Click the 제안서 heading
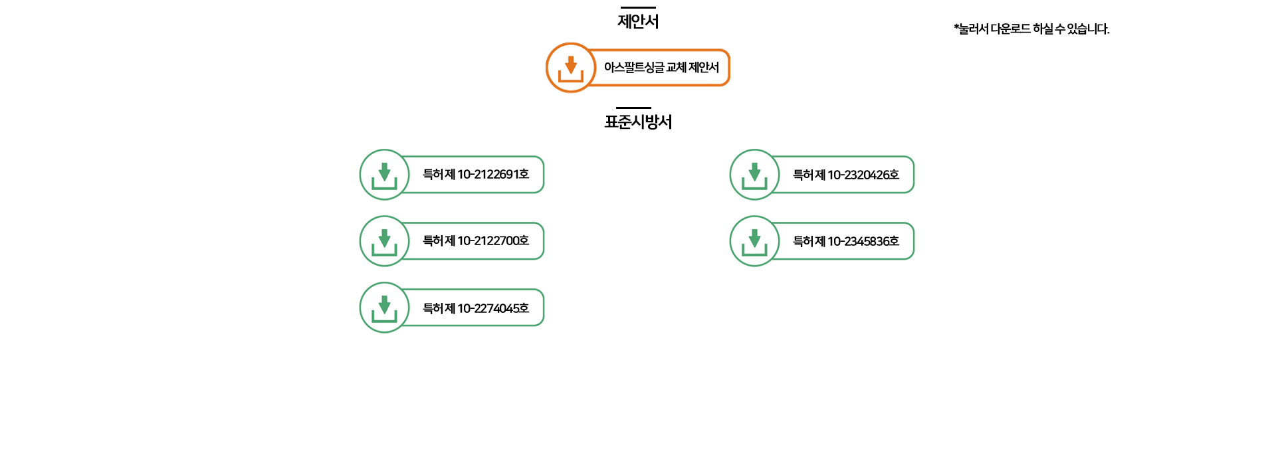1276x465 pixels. click(x=638, y=21)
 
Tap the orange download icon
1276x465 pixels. click(x=570, y=68)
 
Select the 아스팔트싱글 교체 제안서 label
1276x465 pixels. click(x=661, y=68)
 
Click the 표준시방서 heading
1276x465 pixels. click(x=638, y=122)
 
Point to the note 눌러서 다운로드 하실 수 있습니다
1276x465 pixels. click(x=1034, y=29)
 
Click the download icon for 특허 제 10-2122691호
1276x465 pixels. click(x=384, y=175)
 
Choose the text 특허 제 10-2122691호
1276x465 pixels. click(x=476, y=175)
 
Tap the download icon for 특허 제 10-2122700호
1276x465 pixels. click(x=384, y=241)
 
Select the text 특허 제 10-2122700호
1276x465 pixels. click(x=476, y=241)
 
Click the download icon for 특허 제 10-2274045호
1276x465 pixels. click(x=384, y=308)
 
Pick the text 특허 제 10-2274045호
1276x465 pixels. click(x=476, y=308)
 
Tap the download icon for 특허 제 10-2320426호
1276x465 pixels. click(x=754, y=175)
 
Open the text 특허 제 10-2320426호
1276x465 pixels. click(x=845, y=175)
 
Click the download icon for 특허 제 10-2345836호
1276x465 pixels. click(x=754, y=241)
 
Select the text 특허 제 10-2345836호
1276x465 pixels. click(x=845, y=241)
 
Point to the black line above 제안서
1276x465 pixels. click(x=638, y=7)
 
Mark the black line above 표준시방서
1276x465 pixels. click(x=633, y=108)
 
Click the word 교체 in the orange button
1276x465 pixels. click(x=676, y=68)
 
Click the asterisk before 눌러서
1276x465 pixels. click(x=956, y=27)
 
